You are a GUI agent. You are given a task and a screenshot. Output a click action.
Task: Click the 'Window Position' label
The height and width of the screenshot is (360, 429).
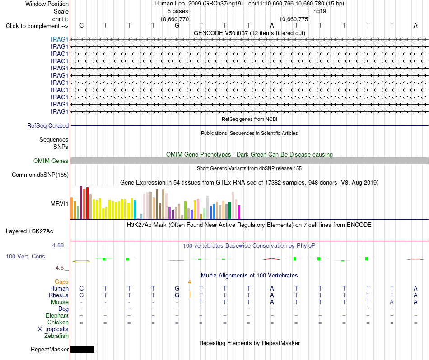(47, 4)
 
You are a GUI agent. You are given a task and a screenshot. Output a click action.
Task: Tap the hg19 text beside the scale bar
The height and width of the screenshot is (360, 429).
(320, 11)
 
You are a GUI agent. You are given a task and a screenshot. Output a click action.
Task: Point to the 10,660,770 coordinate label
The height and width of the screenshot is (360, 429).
(174, 19)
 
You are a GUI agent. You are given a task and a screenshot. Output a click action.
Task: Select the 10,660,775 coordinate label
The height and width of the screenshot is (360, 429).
(294, 19)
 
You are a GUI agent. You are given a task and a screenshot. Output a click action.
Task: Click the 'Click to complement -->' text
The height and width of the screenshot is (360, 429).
(37, 26)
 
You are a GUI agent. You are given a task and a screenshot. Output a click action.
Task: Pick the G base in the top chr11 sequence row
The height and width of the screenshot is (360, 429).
(177, 25)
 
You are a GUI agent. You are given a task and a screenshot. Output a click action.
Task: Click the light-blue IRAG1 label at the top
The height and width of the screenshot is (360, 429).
(59, 39)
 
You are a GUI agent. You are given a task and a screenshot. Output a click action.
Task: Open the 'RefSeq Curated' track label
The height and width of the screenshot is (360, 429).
(48, 125)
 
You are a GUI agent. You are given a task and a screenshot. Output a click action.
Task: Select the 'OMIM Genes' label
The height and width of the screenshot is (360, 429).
(51, 161)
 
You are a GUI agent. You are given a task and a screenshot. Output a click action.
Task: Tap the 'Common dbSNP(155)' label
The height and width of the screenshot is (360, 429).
(40, 175)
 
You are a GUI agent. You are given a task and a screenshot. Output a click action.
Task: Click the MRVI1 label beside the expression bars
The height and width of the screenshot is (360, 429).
(59, 203)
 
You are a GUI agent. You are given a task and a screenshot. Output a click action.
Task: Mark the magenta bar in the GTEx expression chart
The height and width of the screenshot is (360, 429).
(239, 212)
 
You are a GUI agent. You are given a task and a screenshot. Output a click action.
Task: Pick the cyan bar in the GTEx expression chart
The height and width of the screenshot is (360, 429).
(135, 210)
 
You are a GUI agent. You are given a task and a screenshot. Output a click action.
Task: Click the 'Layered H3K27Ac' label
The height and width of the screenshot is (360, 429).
(29, 231)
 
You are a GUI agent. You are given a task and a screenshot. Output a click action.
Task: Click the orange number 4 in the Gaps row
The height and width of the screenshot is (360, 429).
(189, 282)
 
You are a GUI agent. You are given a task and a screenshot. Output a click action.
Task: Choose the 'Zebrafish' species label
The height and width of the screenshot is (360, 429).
(56, 336)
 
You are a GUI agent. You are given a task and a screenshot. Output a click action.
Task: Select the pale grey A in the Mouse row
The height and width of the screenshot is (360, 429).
(392, 302)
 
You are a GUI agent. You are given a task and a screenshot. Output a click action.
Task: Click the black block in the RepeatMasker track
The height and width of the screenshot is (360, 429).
(82, 349)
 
